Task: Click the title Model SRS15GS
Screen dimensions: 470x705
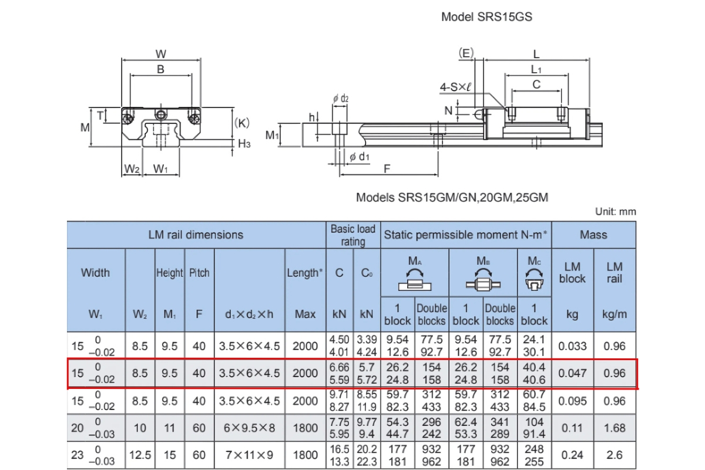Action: point(486,17)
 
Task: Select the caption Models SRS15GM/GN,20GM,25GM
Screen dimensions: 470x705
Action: point(452,197)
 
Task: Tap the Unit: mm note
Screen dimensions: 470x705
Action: point(615,211)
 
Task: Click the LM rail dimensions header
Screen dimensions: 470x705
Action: point(196,235)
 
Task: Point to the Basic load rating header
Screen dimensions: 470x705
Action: point(352,235)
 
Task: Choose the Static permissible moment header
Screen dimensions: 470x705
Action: point(466,235)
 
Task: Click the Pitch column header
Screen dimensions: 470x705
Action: point(199,273)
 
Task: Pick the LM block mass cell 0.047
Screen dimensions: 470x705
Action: point(572,374)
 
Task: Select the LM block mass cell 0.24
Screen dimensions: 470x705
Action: point(572,455)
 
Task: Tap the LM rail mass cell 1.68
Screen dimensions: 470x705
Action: point(615,428)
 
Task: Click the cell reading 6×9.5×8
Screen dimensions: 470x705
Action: point(250,428)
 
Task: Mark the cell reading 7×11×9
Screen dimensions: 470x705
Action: point(250,455)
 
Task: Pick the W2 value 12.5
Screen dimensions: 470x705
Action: point(140,455)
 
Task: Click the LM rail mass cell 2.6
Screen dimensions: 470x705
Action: point(615,455)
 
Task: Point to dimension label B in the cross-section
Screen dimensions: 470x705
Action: point(160,69)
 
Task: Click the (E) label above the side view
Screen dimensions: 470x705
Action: point(465,53)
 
